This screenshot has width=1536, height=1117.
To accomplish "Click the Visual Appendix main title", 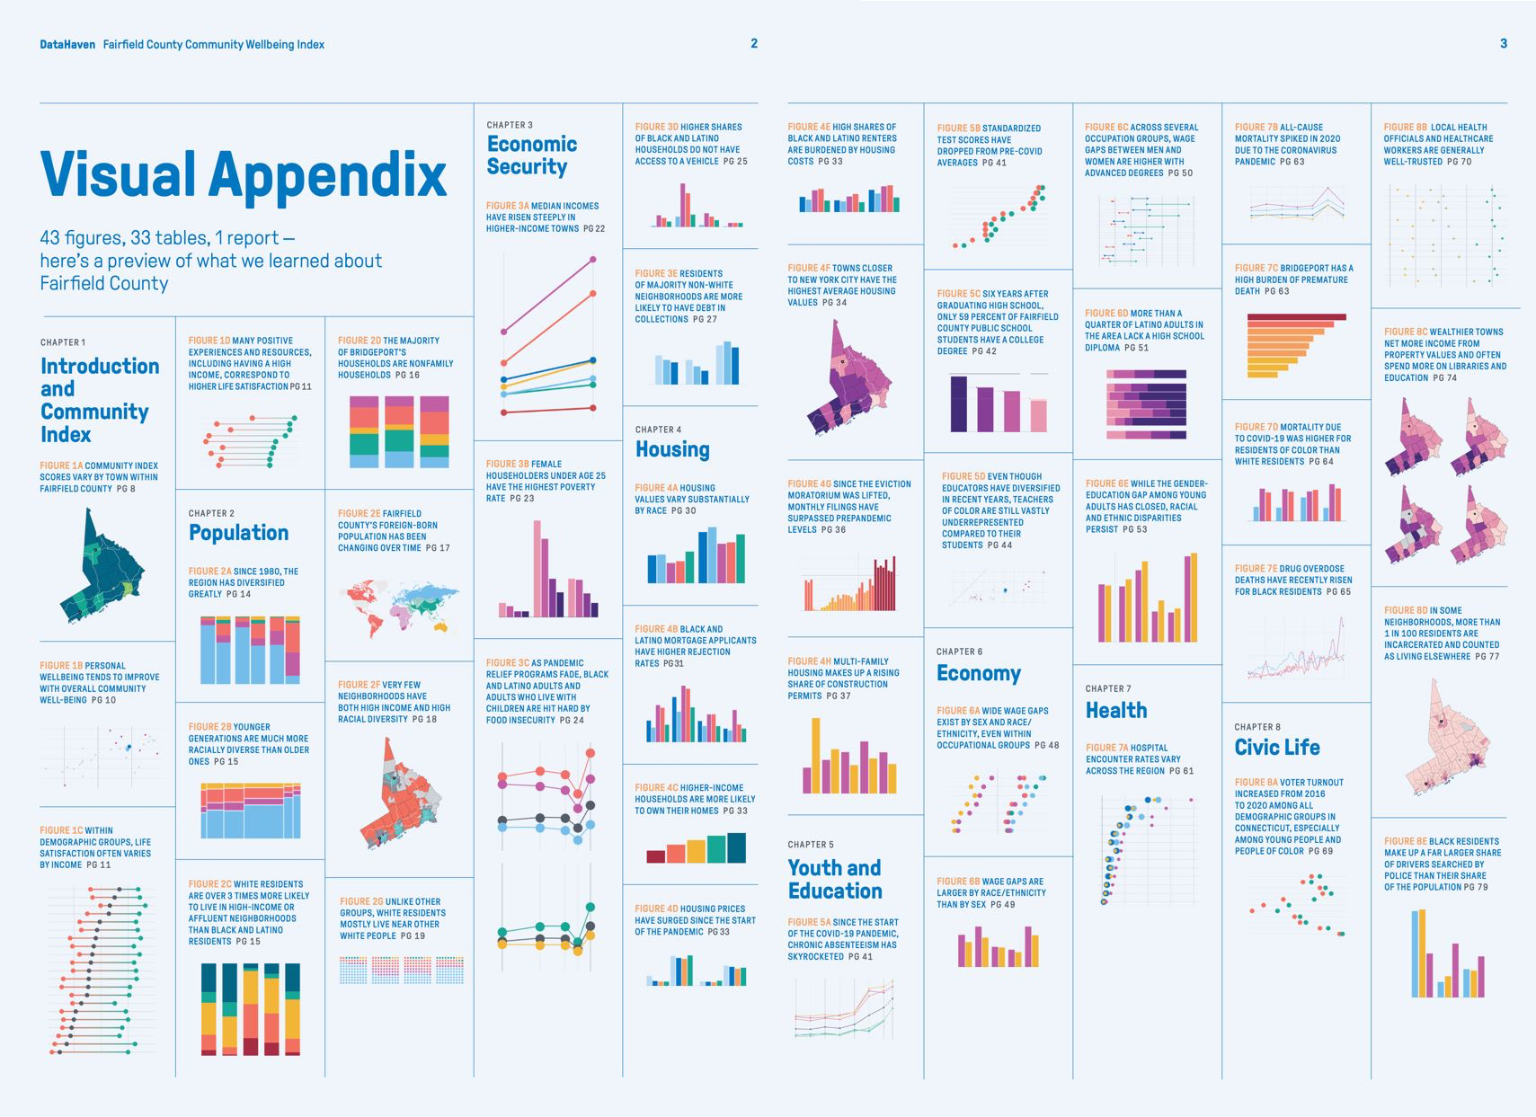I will point(244,173).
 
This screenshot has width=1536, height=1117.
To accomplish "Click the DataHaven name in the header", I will point(67,44).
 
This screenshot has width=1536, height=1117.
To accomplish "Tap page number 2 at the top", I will point(754,43).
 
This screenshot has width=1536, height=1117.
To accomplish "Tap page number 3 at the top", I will point(1503,43).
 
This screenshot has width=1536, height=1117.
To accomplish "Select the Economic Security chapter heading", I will point(531,155).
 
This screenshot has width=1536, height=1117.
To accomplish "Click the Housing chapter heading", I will point(672,449).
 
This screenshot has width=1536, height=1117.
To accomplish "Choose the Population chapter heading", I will point(238,533).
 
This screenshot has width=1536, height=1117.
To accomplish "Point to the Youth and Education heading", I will point(834,879).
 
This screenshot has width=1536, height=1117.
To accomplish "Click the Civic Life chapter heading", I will point(1276,748).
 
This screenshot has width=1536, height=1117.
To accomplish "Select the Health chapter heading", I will point(1115,711).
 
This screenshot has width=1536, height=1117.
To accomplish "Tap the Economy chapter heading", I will point(978,674).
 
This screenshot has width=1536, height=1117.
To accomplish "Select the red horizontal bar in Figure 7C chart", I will point(1296,317).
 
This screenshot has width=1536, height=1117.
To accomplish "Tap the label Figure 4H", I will point(809,661).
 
